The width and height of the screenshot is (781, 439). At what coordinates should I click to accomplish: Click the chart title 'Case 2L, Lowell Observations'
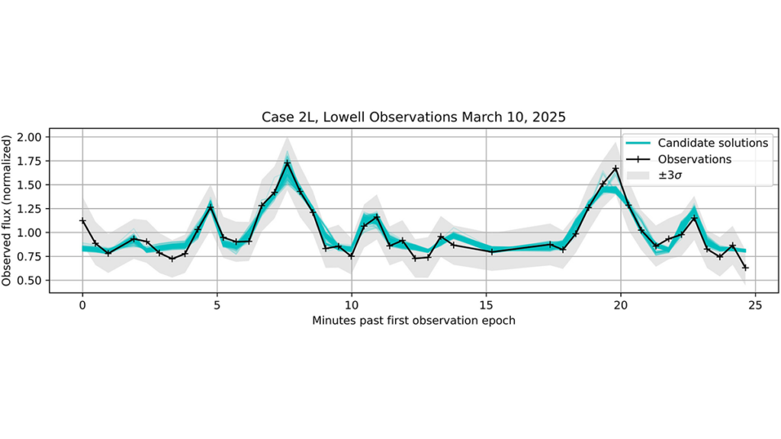click(359, 117)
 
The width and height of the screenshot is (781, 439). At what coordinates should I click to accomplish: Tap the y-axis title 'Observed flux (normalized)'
click(6, 210)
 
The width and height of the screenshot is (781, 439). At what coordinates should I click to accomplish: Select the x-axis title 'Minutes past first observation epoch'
click(413, 321)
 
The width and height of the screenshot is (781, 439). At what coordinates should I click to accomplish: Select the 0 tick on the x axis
click(82, 305)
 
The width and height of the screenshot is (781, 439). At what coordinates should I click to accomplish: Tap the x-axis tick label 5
click(217, 305)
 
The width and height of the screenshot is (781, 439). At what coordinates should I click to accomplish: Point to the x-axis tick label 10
click(352, 305)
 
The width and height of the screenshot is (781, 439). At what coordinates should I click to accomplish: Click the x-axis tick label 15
click(486, 305)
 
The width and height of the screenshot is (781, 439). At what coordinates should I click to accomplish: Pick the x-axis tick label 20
click(621, 305)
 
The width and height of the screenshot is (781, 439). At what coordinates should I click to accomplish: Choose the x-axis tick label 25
click(755, 305)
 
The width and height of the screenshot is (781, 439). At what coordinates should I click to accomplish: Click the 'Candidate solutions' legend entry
click(697, 143)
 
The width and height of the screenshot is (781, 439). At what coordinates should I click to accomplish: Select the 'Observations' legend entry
click(678, 159)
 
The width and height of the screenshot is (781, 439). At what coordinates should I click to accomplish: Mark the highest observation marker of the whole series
click(287, 163)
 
